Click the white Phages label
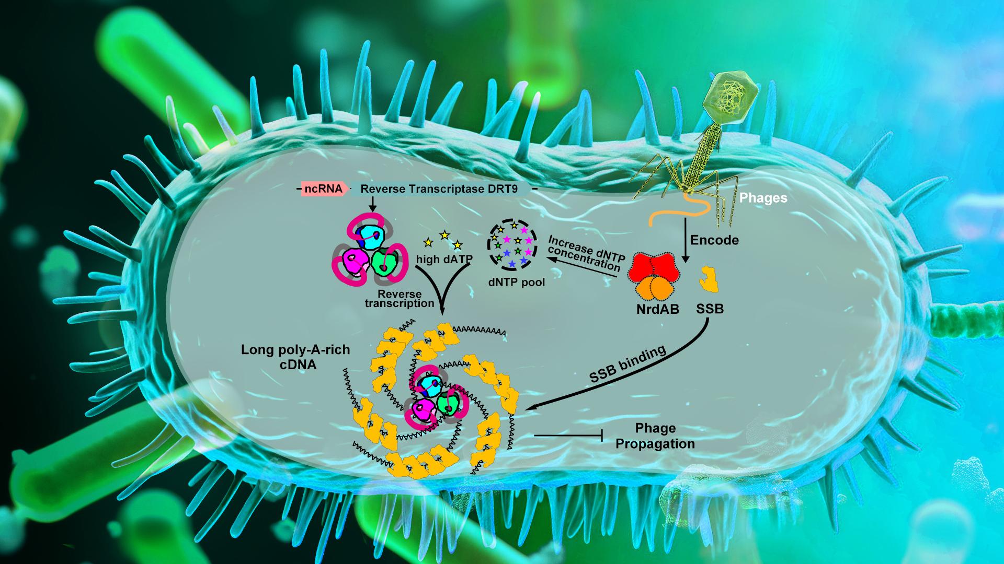click(x=763, y=198)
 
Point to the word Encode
click(x=714, y=240)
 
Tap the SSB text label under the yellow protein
click(x=710, y=309)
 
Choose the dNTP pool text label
click(x=516, y=283)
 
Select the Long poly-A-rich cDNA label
click(x=295, y=357)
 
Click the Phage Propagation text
click(x=655, y=436)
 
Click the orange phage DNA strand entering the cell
click(x=679, y=208)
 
